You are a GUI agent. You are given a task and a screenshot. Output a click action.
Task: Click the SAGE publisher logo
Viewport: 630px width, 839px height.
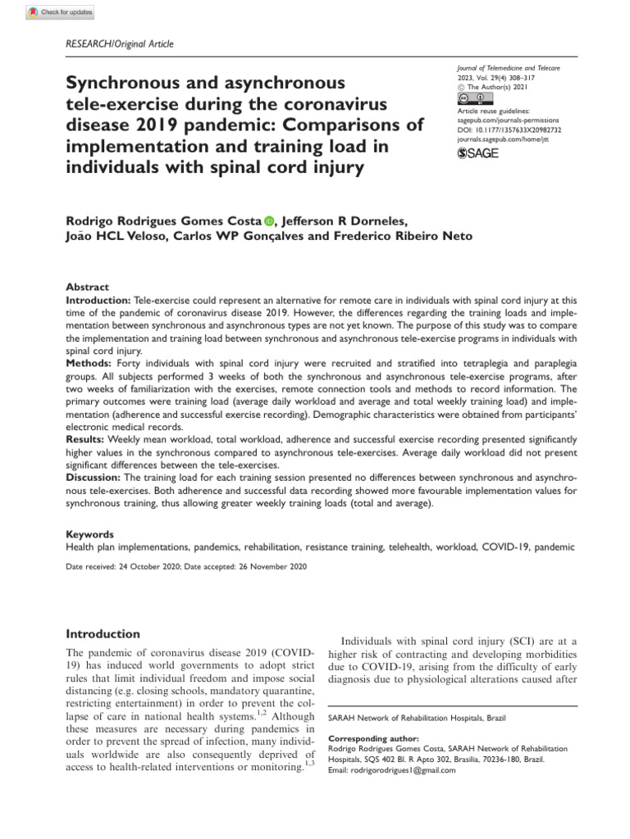[x=477, y=152]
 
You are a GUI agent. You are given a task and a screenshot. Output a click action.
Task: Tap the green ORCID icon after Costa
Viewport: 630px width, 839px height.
[x=269, y=220]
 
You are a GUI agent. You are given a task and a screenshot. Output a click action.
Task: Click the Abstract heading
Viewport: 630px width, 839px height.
[x=87, y=288]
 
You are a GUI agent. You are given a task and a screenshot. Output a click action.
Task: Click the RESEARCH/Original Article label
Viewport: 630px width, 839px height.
[x=119, y=44]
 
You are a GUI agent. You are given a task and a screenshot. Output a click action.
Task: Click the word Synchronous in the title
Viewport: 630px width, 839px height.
[x=121, y=84]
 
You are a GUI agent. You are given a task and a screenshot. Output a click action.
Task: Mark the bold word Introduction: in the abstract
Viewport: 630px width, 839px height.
[x=98, y=301]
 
